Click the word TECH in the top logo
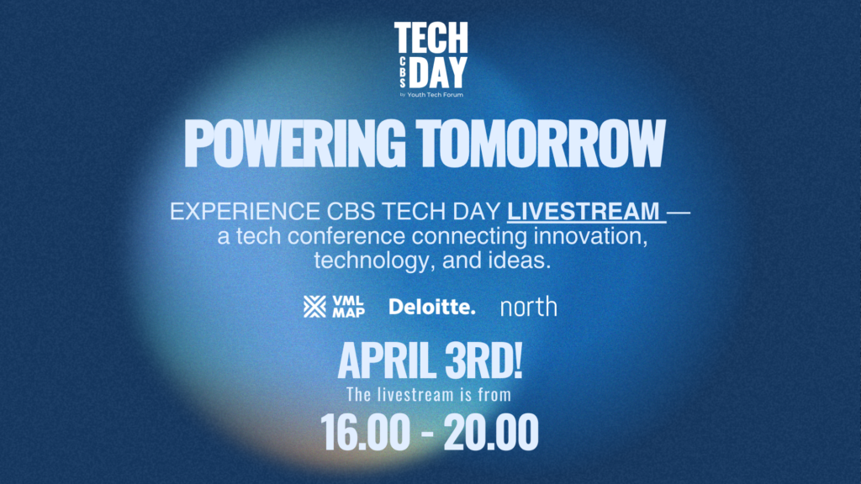(431, 38)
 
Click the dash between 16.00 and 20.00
(426, 434)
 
